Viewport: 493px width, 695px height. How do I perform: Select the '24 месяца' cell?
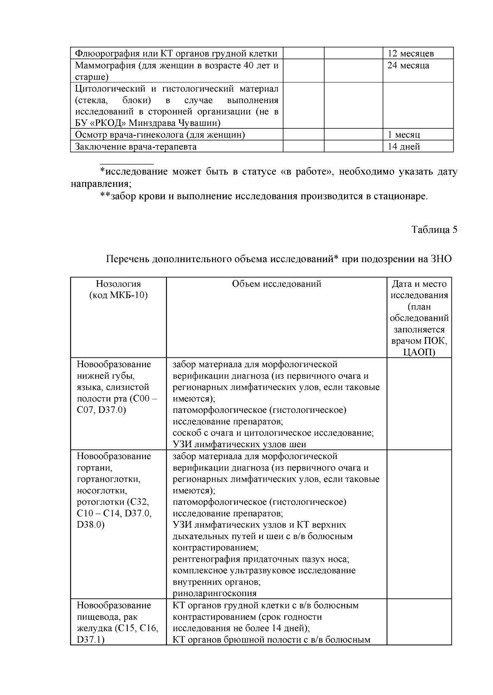point(408,66)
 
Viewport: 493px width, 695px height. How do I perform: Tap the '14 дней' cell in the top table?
point(403,147)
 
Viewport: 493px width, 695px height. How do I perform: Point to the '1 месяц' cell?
point(403,135)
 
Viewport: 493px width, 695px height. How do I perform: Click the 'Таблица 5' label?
point(434,230)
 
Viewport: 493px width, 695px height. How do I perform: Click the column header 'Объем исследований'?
point(276,284)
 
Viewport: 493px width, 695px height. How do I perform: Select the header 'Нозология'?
point(118,284)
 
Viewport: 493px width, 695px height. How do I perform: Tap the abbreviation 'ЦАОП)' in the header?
point(419,352)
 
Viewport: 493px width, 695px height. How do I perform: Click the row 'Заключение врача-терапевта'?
point(136,147)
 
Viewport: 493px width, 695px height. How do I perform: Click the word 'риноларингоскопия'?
point(214,593)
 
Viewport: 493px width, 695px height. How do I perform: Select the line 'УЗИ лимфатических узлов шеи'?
point(239,444)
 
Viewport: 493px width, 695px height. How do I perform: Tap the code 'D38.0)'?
point(90,525)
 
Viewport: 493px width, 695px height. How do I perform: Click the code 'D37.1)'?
point(90,640)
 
